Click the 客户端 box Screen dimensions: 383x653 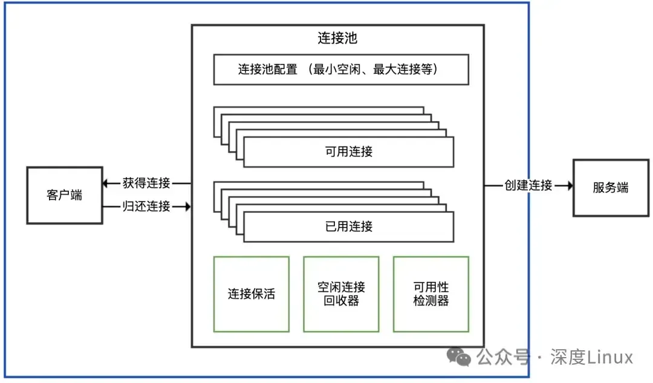pyautogui.click(x=64, y=195)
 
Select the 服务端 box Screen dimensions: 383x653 pyautogui.click(x=611, y=188)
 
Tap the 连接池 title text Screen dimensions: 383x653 pyautogui.click(x=337, y=38)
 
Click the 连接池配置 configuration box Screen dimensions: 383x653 pyautogui.click(x=341, y=70)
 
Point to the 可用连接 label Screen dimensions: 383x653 pyautogui.click(x=349, y=151)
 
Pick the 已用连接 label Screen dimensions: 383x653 pyautogui.click(x=349, y=226)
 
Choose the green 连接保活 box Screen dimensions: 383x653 pyautogui.click(x=251, y=294)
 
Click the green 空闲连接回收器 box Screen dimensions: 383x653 pyautogui.click(x=341, y=294)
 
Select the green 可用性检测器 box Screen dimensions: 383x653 pyautogui.click(x=431, y=294)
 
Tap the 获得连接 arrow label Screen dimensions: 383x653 pyautogui.click(x=146, y=183)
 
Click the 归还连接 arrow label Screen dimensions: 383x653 pyautogui.click(x=146, y=206)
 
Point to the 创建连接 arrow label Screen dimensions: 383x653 pyautogui.click(x=528, y=185)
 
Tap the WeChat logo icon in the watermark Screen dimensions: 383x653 pyautogui.click(x=463, y=358)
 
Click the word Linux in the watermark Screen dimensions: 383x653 pyautogui.click(x=611, y=358)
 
